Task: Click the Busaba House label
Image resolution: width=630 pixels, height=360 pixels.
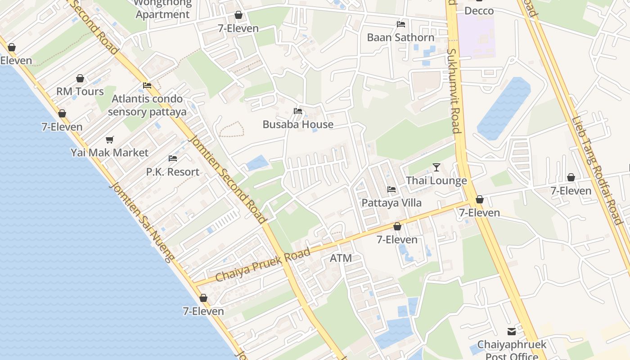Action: pos(298,125)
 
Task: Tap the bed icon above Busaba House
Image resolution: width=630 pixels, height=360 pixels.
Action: pos(297,111)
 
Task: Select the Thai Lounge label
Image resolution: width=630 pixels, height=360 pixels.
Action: pos(436,181)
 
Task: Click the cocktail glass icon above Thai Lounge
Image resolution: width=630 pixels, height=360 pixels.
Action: pos(436,167)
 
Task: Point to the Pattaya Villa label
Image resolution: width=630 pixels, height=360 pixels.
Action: pos(391,203)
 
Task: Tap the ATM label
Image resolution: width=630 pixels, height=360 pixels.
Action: pos(341,258)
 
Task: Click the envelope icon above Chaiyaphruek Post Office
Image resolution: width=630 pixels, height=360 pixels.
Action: pos(512,332)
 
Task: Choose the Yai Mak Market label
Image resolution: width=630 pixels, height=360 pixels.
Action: pos(109,153)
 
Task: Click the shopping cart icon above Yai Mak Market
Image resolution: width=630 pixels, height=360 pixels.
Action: pos(109,139)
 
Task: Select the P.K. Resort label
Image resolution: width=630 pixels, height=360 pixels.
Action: pos(172,172)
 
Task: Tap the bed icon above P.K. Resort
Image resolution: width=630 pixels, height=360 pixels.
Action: pos(172,158)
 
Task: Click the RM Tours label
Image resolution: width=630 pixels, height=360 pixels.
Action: pos(80,92)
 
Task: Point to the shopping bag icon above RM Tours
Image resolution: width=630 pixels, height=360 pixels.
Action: pos(80,78)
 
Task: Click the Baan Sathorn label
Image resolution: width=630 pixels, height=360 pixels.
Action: pos(400,37)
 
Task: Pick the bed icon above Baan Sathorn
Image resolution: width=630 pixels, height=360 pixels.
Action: pos(400,24)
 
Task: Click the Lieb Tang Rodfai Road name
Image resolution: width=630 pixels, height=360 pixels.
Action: pos(596,171)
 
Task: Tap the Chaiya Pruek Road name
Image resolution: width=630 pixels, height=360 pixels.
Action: pos(263,265)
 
